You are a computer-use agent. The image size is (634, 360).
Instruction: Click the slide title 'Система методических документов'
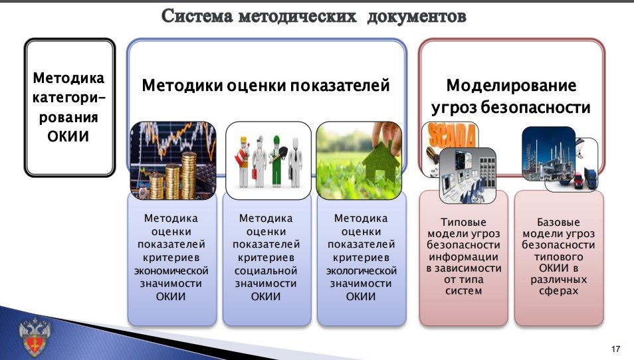[x=314, y=16]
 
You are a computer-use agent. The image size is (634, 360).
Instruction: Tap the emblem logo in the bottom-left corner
[x=31, y=336]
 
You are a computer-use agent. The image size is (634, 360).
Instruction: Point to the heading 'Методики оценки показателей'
[x=265, y=86]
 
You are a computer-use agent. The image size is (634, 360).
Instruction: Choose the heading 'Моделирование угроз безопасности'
[x=510, y=96]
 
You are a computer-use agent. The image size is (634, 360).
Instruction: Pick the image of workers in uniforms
[x=268, y=159]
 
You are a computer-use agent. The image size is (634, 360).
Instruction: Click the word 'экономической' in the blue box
[x=171, y=271]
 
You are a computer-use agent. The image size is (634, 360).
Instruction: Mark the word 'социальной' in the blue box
[x=266, y=271]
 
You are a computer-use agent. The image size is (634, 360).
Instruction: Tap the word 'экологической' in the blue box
[x=361, y=271]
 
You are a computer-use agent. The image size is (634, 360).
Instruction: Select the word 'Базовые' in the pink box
[x=558, y=222]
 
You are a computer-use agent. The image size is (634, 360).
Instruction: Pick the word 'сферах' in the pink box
[x=558, y=291]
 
